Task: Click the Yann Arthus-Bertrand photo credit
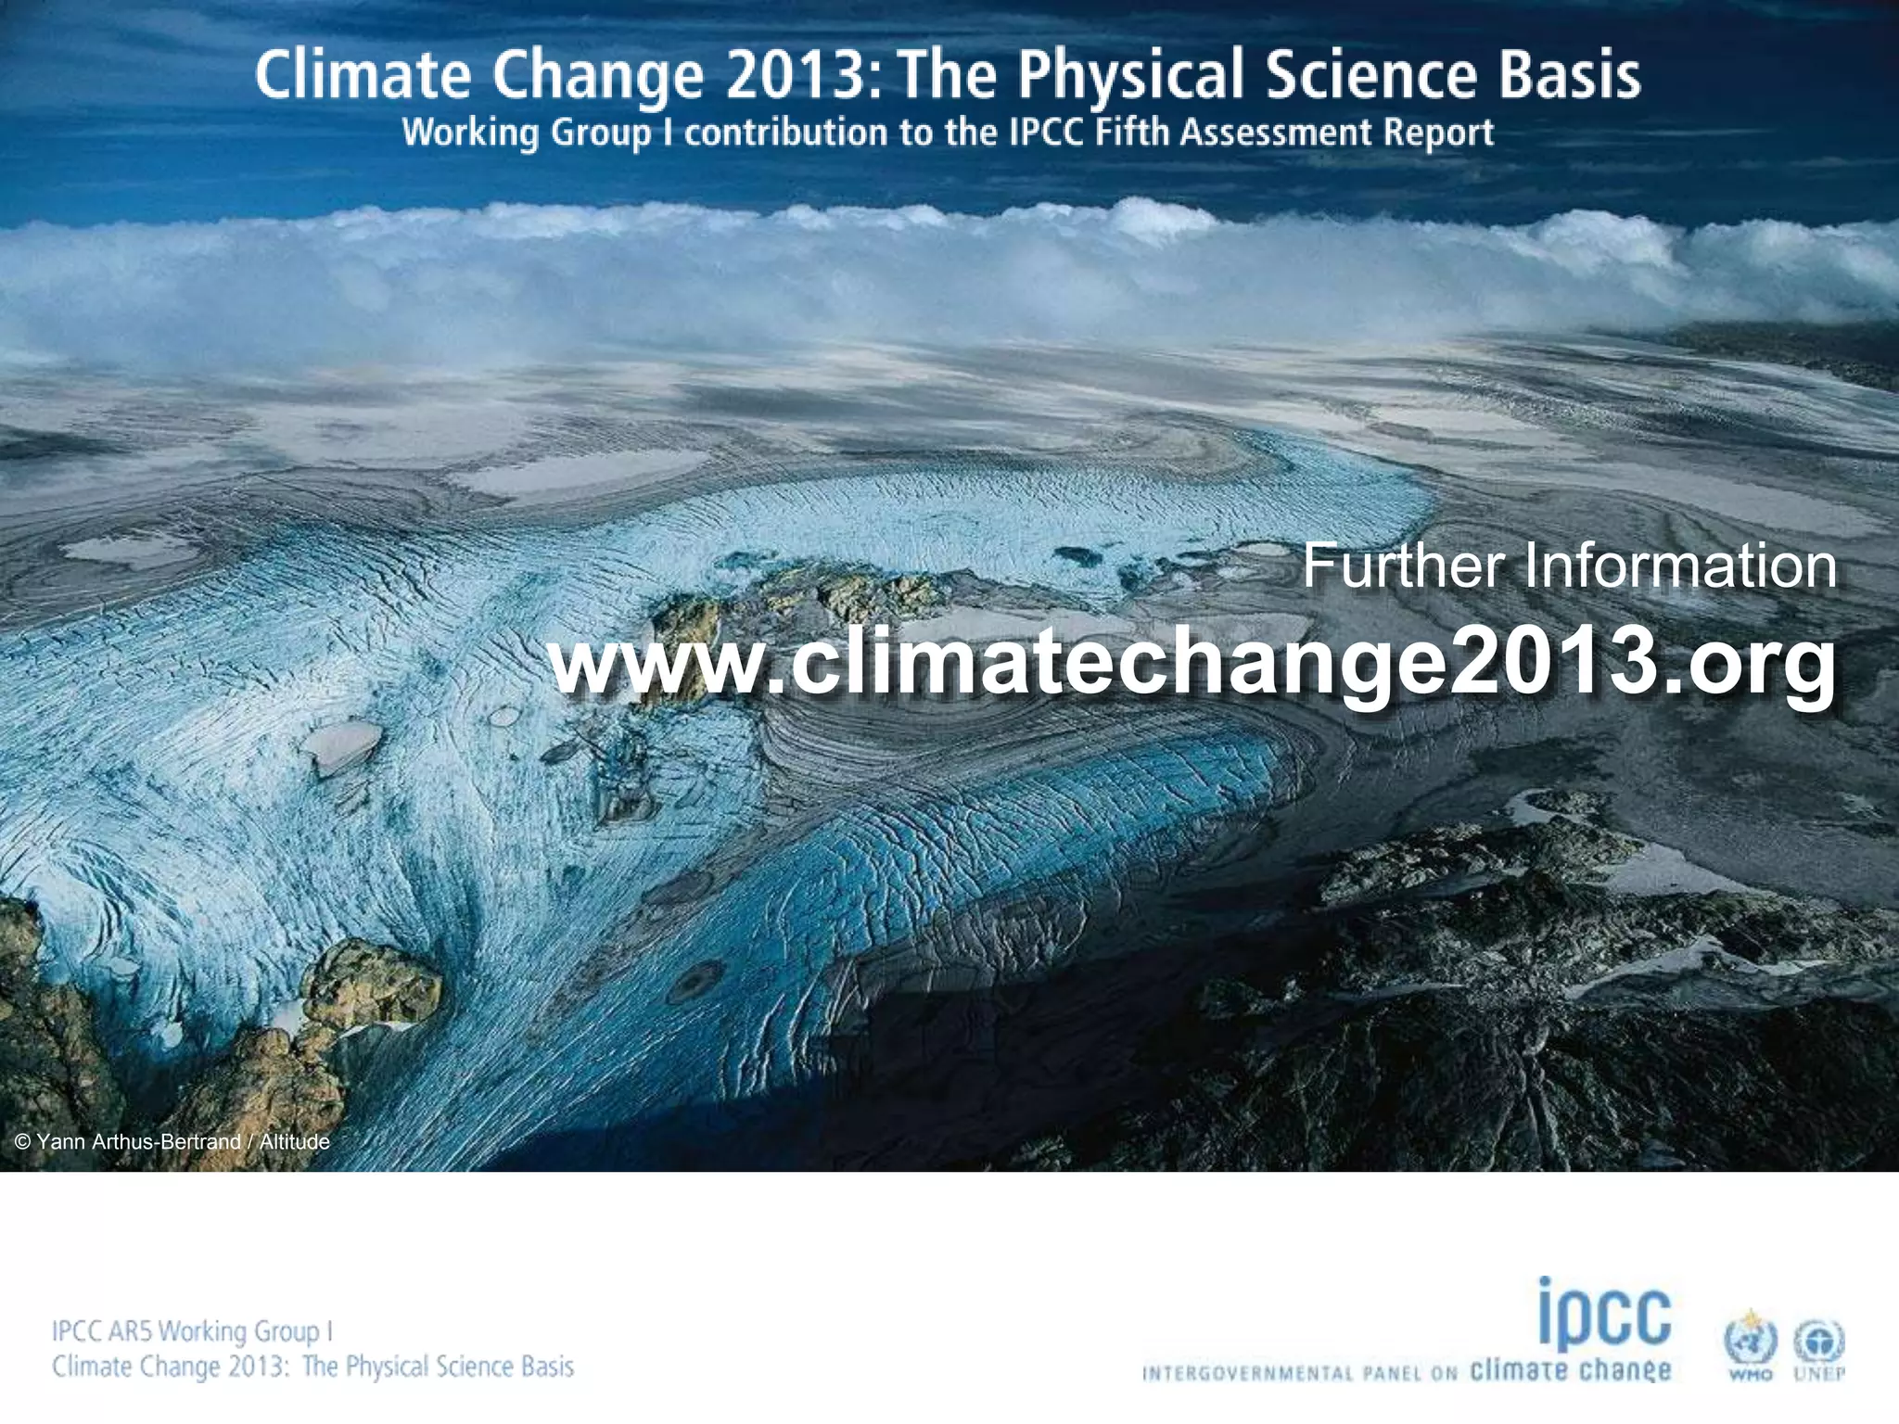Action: tap(172, 1141)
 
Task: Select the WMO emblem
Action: tap(1750, 1343)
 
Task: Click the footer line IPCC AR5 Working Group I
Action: tap(192, 1331)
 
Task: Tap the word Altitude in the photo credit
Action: tap(294, 1141)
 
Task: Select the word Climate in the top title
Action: tap(362, 76)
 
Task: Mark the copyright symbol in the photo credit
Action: tap(24, 1142)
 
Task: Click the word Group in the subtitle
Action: tap(602, 133)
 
